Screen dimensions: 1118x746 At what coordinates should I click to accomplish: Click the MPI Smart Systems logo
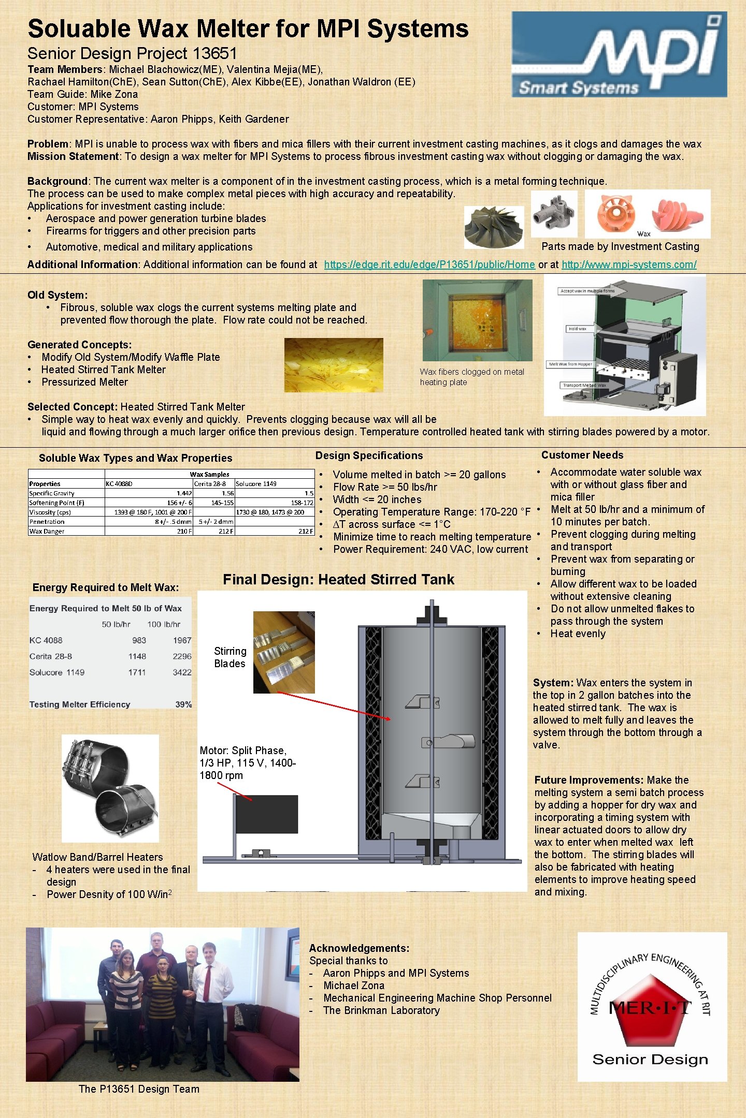tap(619, 54)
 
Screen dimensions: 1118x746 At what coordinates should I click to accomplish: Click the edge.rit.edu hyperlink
tap(429, 264)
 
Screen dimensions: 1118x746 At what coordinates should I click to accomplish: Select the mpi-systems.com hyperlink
tap(629, 264)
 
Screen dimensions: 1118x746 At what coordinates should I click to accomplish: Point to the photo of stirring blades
tap(284, 652)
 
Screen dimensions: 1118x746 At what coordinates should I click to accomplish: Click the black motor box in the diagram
tap(267, 814)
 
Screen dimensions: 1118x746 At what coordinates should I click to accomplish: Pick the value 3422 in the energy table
tap(182, 672)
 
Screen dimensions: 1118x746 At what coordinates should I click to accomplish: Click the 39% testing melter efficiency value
tap(183, 704)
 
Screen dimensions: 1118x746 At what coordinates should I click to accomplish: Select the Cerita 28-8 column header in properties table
tap(210, 484)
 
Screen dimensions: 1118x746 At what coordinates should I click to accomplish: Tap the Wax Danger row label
tap(47, 531)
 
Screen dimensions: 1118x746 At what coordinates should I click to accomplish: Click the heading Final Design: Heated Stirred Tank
tap(338, 580)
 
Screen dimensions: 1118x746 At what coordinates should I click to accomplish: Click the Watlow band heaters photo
tap(110, 788)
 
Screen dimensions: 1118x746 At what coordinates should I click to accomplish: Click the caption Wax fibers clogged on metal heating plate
tap(471, 377)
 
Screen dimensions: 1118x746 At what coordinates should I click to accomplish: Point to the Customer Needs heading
tap(582, 455)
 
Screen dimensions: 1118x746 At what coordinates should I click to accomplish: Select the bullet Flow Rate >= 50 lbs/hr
tap(385, 487)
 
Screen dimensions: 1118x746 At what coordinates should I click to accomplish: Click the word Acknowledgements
tap(359, 948)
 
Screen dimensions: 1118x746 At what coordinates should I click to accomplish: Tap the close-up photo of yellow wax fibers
tap(334, 365)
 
